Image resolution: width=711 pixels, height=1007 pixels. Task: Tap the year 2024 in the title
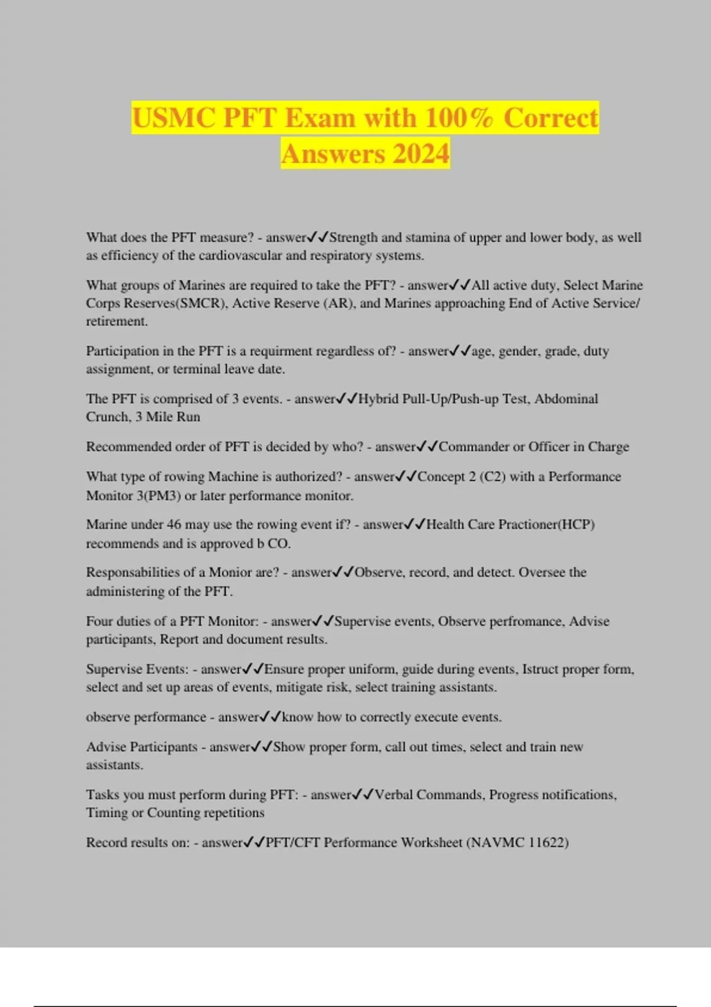click(421, 154)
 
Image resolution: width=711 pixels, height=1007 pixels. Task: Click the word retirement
click(117, 322)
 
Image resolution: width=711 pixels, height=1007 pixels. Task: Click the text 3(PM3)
click(159, 496)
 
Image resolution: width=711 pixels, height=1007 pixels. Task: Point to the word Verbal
click(393, 795)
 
